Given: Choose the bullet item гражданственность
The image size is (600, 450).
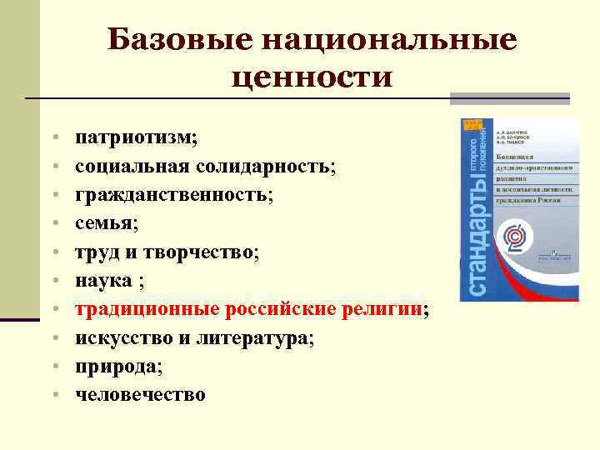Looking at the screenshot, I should pos(172,195).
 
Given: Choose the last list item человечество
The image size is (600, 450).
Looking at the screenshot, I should pos(140,396).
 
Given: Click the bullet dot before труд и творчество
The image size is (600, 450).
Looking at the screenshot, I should pos(53,252).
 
